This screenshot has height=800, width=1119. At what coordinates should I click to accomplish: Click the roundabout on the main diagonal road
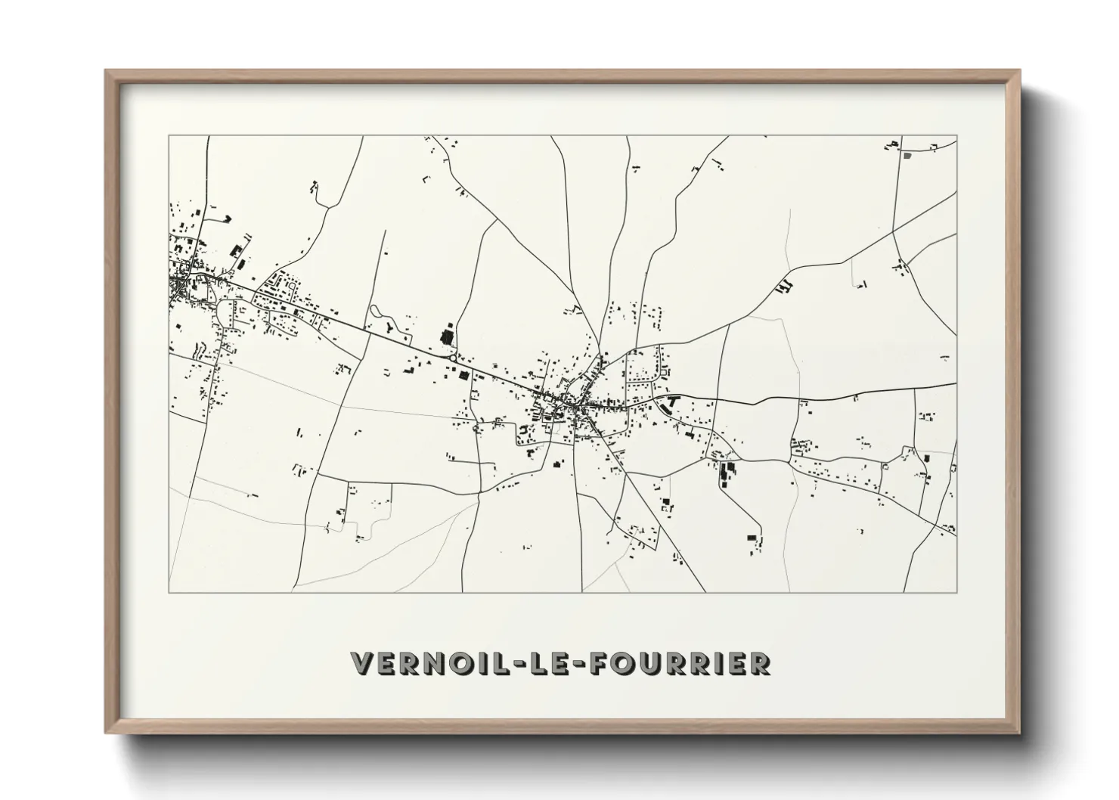point(452,358)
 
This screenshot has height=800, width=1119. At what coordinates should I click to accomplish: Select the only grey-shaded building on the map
point(907,156)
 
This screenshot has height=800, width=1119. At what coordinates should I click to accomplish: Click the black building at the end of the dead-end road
point(752,537)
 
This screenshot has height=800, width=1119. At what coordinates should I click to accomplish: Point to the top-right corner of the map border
point(956,136)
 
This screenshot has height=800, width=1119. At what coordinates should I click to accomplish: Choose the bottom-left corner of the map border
point(168,592)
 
